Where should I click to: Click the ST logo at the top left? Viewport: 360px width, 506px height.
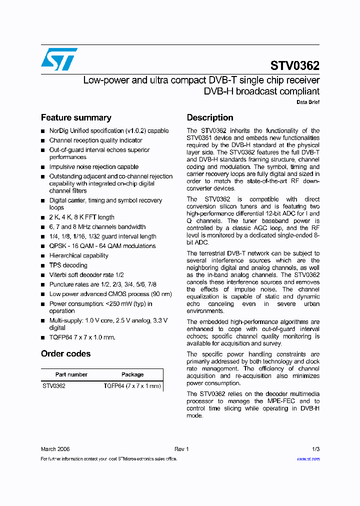(x=59, y=59)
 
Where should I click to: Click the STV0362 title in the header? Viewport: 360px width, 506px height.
(x=294, y=66)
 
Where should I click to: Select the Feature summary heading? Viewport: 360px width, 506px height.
(x=76, y=118)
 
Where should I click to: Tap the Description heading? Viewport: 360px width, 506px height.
(x=210, y=118)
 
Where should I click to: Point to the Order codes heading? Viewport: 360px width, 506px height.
(x=66, y=354)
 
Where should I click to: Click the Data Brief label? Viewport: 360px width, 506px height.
(x=308, y=102)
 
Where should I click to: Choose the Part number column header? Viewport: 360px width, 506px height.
(x=71, y=374)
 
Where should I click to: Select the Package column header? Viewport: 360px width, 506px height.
(x=132, y=374)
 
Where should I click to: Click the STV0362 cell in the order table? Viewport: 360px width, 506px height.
(x=54, y=386)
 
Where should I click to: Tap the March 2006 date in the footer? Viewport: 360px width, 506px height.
(x=55, y=449)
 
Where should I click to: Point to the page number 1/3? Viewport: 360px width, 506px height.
(x=315, y=449)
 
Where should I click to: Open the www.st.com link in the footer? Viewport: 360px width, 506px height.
(x=308, y=459)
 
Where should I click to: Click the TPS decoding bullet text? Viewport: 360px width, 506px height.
(x=68, y=265)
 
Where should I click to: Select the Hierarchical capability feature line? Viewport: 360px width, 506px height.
(x=78, y=256)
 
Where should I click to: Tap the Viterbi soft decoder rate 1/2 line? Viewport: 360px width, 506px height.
(x=86, y=275)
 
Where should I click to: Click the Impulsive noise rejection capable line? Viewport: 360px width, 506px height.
(x=94, y=167)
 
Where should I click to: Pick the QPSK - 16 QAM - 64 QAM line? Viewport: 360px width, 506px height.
(x=102, y=246)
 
